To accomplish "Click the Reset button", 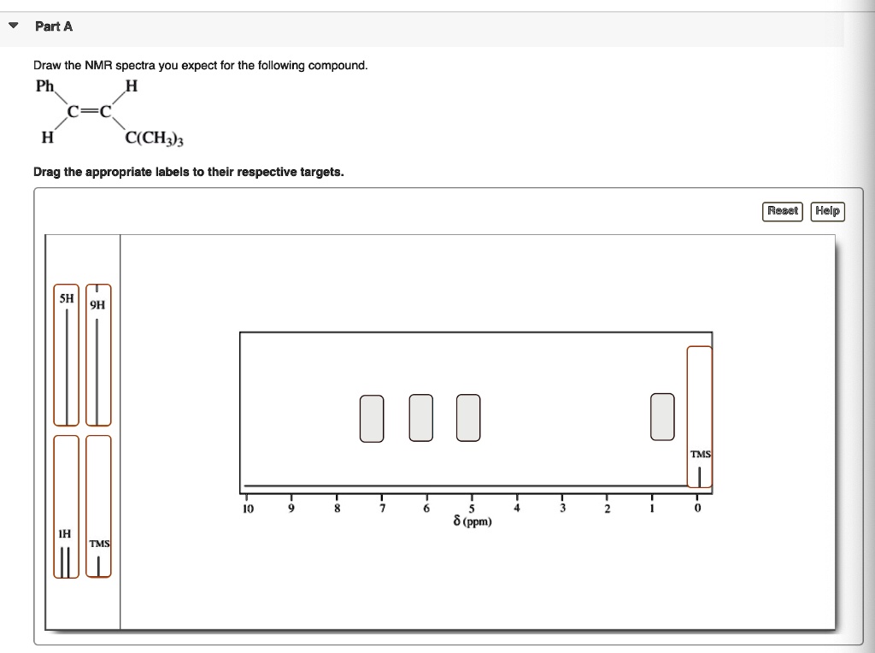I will pyautogui.click(x=782, y=211).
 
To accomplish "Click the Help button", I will pyautogui.click(x=827, y=211).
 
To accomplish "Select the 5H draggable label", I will pyautogui.click(x=66, y=355).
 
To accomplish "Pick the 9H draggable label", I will pyautogui.click(x=98, y=355).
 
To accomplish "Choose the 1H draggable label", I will pyautogui.click(x=66, y=507).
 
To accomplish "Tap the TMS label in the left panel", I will pyautogui.click(x=99, y=507).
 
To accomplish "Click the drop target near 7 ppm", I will pyautogui.click(x=372, y=418).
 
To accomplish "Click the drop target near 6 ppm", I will pyautogui.click(x=420, y=418).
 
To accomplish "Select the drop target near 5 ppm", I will pyautogui.click(x=468, y=418).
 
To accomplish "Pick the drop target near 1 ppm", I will pyautogui.click(x=662, y=418).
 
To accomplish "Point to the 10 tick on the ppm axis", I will pyautogui.click(x=247, y=509).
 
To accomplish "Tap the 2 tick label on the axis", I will pyautogui.click(x=607, y=509).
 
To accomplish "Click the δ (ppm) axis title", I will pyautogui.click(x=472, y=521).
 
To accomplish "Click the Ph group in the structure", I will pyautogui.click(x=44, y=85).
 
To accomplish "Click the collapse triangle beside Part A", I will pyautogui.click(x=13, y=26).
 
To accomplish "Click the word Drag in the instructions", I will pyautogui.click(x=46, y=172).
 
